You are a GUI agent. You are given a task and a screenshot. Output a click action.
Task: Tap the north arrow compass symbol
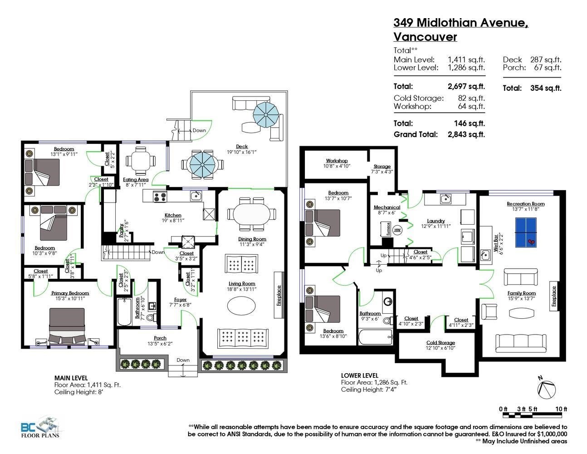tap(546, 389)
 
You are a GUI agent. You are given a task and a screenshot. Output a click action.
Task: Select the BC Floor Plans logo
tap(40, 427)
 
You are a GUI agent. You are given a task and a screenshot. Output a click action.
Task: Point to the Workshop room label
tap(337, 161)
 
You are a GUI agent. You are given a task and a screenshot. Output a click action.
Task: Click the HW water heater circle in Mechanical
tap(398, 230)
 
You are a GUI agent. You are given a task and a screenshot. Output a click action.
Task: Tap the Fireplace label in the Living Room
tap(279, 295)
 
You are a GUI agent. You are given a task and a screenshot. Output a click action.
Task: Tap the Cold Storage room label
tap(440, 343)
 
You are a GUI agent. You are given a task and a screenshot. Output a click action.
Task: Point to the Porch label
tap(160, 338)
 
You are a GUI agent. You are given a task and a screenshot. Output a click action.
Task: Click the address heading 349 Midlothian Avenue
tap(460, 22)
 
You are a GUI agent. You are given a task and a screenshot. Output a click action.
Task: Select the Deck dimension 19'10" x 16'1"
tap(242, 152)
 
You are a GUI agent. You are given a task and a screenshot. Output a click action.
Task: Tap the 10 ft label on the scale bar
tap(561, 409)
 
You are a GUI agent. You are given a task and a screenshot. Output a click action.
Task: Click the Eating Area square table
tap(140, 160)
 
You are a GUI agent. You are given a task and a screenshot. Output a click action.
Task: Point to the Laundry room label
tap(435, 221)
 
